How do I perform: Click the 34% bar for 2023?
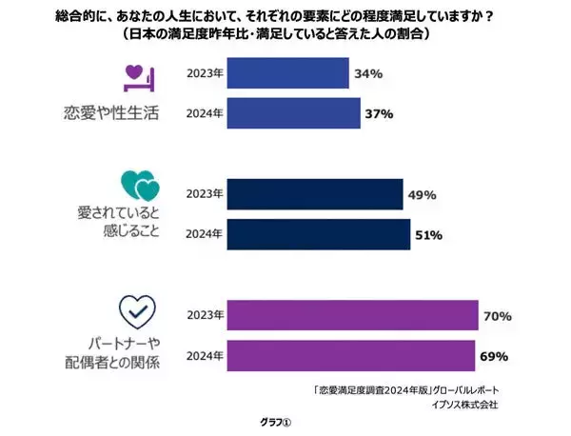click(289, 73)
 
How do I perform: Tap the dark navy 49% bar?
click(316, 194)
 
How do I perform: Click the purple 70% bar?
click(354, 315)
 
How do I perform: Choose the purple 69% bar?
click(352, 356)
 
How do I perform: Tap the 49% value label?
click(422, 194)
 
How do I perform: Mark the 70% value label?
click(498, 315)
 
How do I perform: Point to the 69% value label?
click(494, 356)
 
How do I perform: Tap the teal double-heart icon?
click(138, 183)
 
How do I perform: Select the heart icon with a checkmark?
click(136, 309)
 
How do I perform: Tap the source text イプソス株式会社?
click(463, 405)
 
